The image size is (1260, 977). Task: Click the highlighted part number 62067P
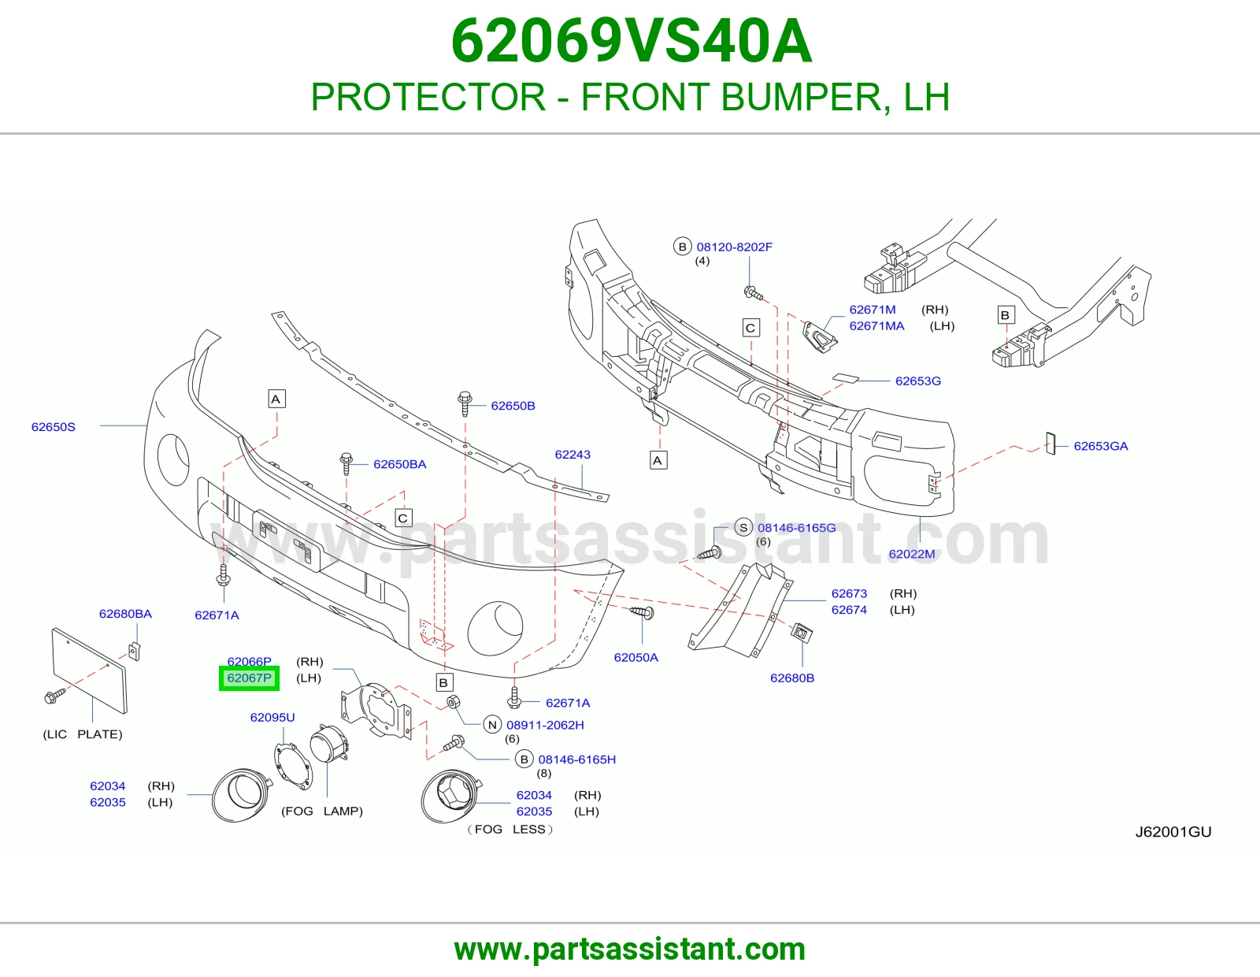point(249,678)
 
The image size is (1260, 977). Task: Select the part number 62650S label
point(54,427)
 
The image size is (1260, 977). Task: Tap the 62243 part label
point(573,455)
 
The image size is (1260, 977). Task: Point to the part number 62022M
point(911,553)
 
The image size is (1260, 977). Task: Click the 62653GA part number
point(1101,446)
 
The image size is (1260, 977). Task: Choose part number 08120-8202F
point(734,247)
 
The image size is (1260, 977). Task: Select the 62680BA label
point(125,614)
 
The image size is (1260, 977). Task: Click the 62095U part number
point(272,717)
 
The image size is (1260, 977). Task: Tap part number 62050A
point(636,657)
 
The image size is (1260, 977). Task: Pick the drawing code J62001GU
point(1173,831)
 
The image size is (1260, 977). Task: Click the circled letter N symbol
point(492,725)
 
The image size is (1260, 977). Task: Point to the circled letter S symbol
point(743,527)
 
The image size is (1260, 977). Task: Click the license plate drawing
point(90,670)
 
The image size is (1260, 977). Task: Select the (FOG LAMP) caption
point(322,811)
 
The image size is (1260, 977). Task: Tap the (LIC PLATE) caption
point(83,734)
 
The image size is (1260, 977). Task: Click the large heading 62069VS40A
point(632,41)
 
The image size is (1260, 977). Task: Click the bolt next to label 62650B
point(465,403)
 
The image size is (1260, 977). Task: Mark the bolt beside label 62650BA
point(346,463)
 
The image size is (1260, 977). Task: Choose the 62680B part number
point(792,678)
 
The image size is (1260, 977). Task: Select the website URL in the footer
point(630,949)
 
